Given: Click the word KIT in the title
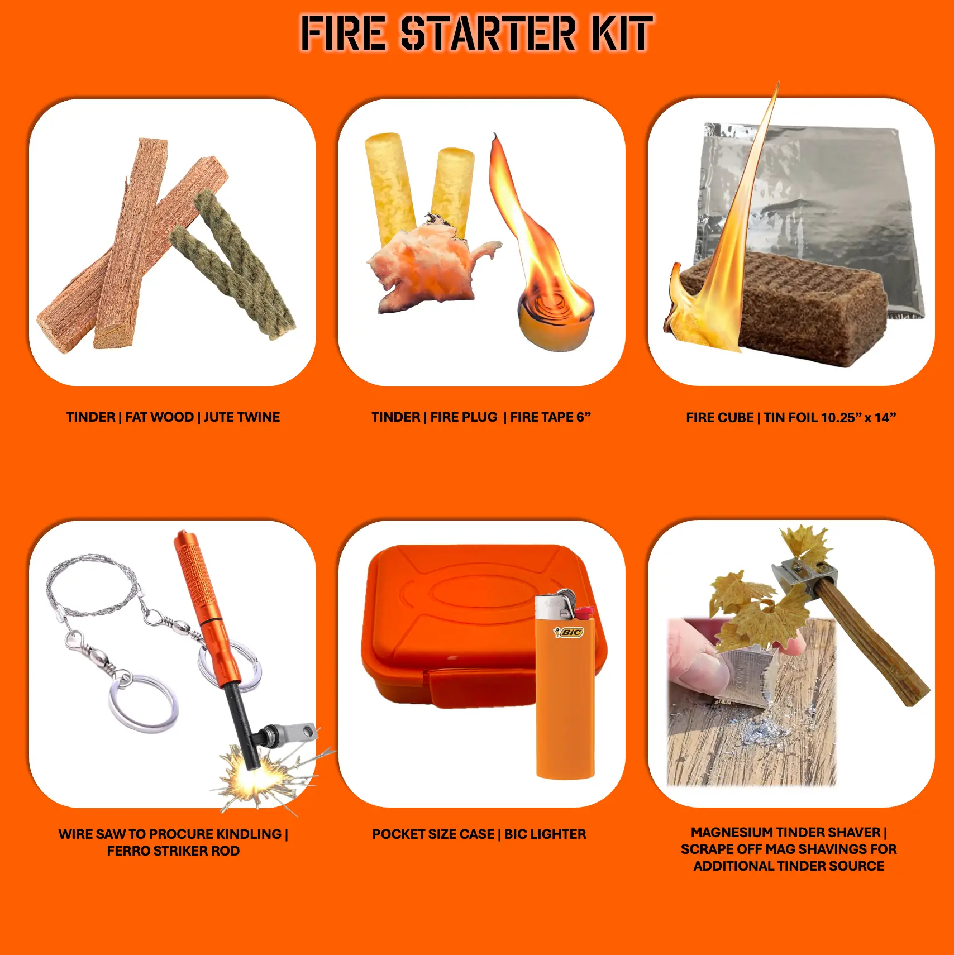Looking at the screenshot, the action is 622,33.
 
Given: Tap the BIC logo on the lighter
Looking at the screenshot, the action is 569,632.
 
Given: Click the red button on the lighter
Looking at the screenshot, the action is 584,613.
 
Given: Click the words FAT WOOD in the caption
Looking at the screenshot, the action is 159,417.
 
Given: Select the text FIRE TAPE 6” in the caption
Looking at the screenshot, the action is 550,417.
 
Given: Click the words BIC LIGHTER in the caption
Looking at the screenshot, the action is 545,834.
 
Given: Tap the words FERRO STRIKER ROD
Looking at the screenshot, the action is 173,851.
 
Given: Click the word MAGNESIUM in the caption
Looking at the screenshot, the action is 730,832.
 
